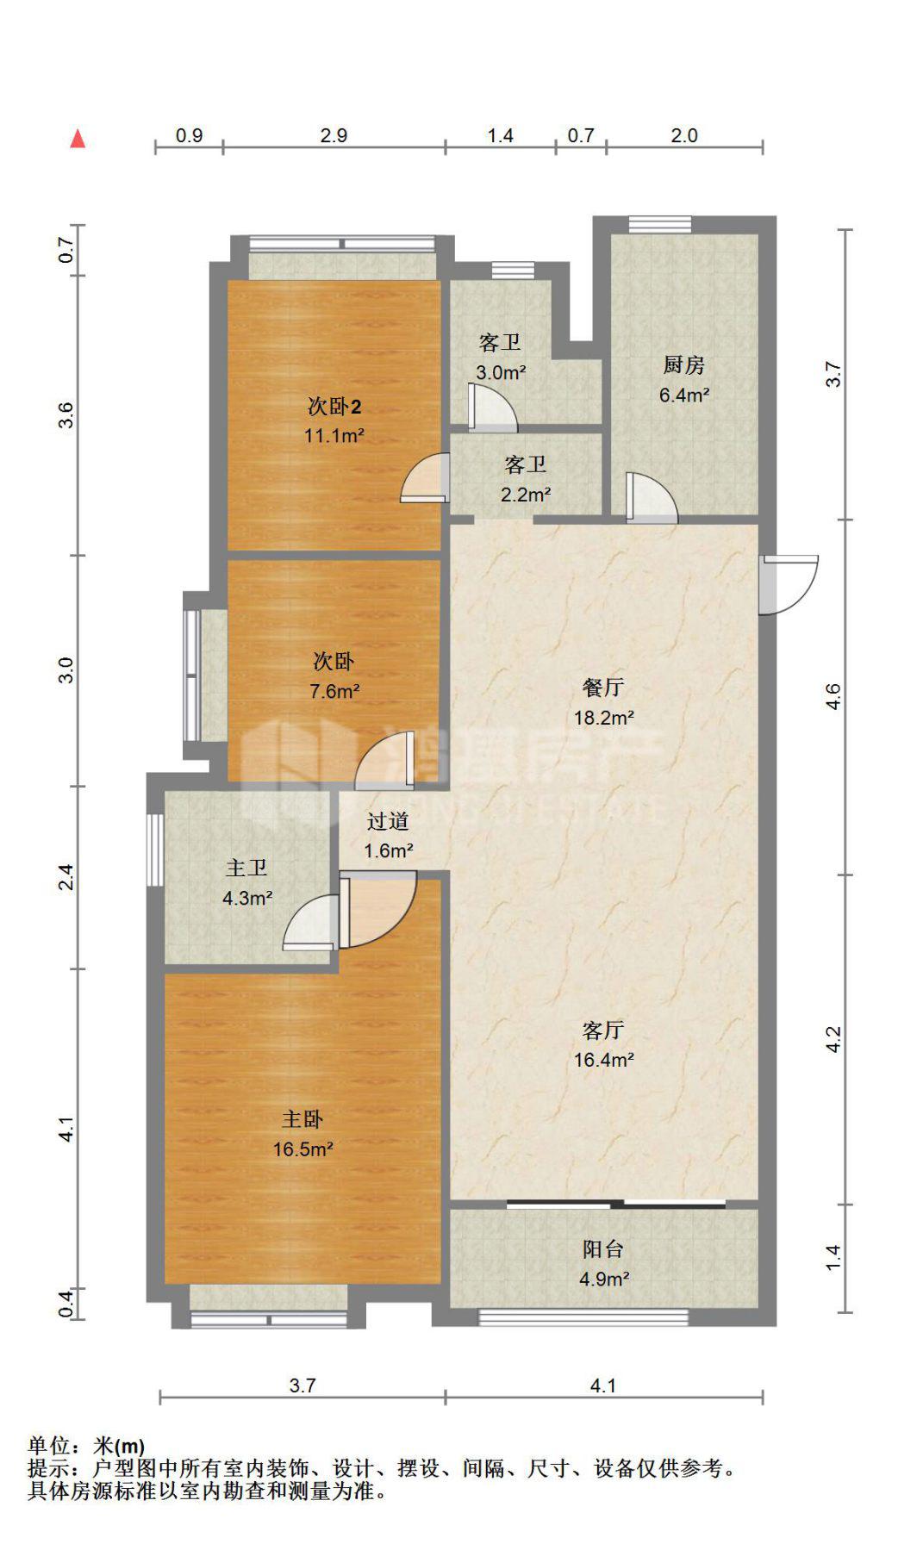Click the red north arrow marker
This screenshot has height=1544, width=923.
point(78,138)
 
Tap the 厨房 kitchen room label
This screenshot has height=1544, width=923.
point(683,365)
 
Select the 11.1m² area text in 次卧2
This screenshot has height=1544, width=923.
point(334,435)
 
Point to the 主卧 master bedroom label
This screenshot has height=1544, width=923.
point(302,1118)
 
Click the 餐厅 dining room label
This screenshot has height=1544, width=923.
point(603,687)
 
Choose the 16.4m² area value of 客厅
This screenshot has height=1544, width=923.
point(604,1060)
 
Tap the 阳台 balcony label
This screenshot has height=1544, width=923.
point(603,1248)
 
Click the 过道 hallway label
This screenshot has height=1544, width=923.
point(388,821)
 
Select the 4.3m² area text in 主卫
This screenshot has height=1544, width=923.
point(247,898)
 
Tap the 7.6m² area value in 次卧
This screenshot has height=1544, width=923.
point(334,690)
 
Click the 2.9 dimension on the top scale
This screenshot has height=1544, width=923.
point(334,135)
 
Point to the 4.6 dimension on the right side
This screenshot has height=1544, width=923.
point(833,696)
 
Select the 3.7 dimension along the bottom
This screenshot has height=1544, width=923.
point(302,1385)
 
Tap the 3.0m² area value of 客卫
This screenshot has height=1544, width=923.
point(501,372)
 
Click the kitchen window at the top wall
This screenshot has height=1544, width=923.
point(660,224)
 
